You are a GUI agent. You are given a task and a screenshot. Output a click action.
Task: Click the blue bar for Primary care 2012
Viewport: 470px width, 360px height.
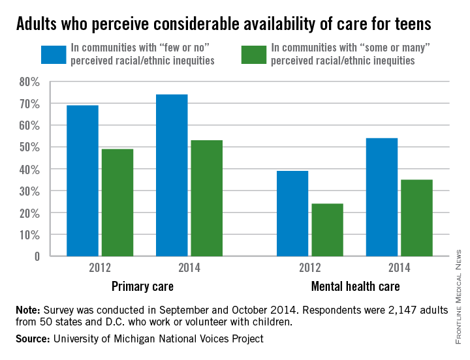point(82,181)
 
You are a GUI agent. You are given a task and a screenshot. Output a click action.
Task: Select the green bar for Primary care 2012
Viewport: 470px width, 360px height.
point(117,202)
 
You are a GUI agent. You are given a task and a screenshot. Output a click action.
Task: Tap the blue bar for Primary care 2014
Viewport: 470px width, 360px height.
point(172,175)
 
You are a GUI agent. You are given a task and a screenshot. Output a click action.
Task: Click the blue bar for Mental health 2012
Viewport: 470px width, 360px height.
point(292,213)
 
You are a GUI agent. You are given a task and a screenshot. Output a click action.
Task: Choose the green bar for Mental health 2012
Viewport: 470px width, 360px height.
point(328,230)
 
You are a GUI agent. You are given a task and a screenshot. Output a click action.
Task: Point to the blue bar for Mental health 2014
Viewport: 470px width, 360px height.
point(382,197)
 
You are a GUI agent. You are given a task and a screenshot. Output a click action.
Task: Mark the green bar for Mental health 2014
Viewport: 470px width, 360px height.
point(416,218)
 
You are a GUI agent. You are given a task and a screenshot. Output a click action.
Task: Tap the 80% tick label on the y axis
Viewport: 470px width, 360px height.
point(29,82)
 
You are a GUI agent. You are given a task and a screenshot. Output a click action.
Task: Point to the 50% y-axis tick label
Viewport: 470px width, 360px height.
point(29,147)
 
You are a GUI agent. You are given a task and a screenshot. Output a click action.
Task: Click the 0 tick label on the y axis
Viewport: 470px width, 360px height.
point(37,256)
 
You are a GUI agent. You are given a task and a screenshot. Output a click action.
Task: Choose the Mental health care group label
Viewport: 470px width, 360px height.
point(355,286)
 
